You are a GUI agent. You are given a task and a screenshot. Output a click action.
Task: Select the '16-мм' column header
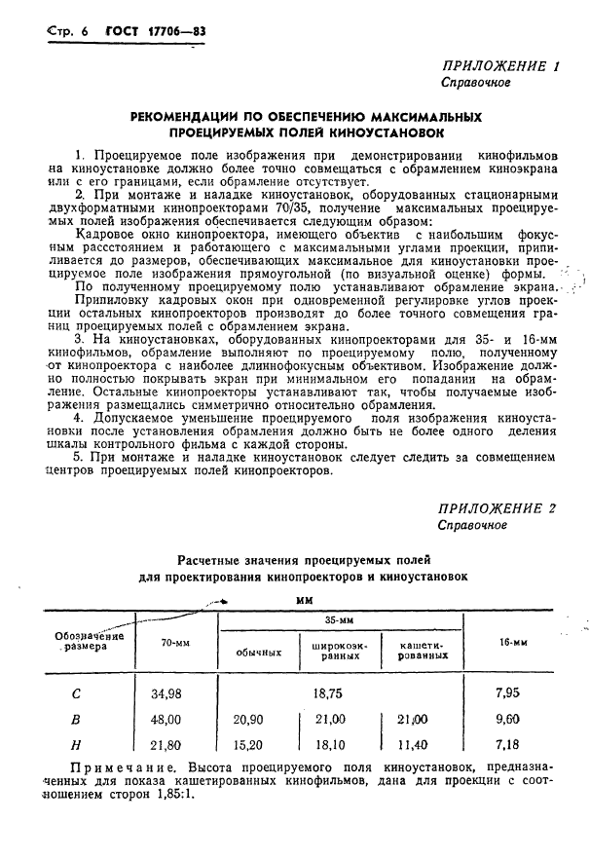[512, 642]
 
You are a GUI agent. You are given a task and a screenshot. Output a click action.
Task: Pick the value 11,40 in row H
[417, 744]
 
